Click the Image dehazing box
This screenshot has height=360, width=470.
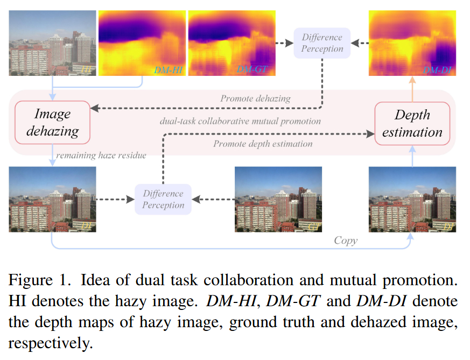[x=53, y=122]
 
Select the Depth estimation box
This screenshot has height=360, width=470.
[x=412, y=123]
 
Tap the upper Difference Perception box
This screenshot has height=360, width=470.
[x=322, y=43]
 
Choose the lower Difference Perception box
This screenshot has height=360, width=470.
[x=163, y=199]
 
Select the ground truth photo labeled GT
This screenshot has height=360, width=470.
[x=278, y=199]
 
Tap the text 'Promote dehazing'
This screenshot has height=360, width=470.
[x=255, y=98]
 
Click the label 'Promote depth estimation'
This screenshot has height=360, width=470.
[x=263, y=144]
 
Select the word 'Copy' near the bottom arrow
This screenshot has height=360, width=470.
[x=345, y=241]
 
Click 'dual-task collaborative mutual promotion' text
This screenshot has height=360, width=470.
[x=240, y=121]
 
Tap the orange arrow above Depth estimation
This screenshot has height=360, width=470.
[x=412, y=88]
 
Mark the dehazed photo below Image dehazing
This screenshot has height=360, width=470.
[x=52, y=199]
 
